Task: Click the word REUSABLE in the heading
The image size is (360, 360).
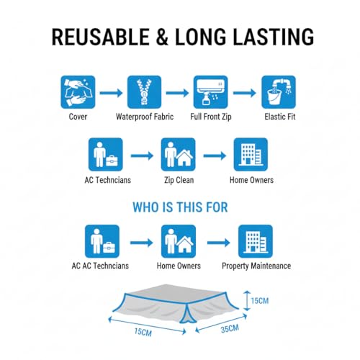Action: pyautogui.click(x=101, y=37)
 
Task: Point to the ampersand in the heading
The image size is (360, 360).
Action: pyautogui.click(x=162, y=37)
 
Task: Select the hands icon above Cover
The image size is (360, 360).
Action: pyautogui.click(x=78, y=92)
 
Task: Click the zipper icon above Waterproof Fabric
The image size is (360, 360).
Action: pyautogui.click(x=144, y=92)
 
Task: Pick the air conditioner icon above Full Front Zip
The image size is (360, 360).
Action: pyautogui.click(x=211, y=92)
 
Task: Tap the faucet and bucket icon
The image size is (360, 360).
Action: pyautogui.click(x=279, y=92)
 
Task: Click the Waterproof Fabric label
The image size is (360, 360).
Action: pyautogui.click(x=145, y=117)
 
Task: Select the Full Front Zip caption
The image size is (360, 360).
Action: pyautogui.click(x=211, y=117)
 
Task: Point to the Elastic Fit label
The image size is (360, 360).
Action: pyautogui.click(x=280, y=117)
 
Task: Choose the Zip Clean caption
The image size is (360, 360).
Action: pyautogui.click(x=179, y=180)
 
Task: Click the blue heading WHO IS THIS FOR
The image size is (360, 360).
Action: pyautogui.click(x=180, y=207)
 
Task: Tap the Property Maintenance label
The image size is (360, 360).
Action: pyautogui.click(x=256, y=266)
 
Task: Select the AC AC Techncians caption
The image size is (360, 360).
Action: pyautogui.click(x=100, y=266)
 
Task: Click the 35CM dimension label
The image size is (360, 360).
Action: pyautogui.click(x=230, y=329)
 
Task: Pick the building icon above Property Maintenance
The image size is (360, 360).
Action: pyautogui.click(x=256, y=241)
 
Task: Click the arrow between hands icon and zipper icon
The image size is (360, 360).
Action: pyautogui.click(x=111, y=93)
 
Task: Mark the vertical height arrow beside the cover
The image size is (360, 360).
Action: pyautogui.click(x=247, y=301)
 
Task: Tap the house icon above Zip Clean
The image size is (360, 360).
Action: pyautogui.click(x=185, y=158)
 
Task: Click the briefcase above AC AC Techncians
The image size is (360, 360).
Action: pyautogui.click(x=109, y=248)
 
